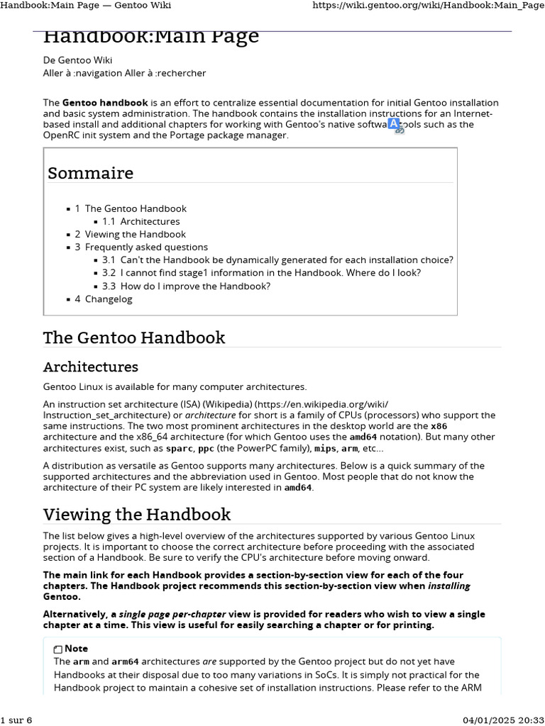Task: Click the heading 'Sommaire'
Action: pyautogui.click(x=90, y=173)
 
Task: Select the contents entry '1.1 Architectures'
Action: pyautogui.click(x=141, y=221)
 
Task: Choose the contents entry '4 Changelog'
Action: pyautogui.click(x=104, y=299)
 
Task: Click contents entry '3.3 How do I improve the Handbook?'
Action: pyautogui.click(x=186, y=286)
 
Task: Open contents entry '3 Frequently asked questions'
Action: pyautogui.click(x=141, y=247)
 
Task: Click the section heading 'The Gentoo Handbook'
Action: pyautogui.click(x=134, y=337)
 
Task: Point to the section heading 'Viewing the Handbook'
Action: pyautogui.click(x=137, y=514)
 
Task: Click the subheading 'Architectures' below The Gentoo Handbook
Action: pyautogui.click(x=91, y=367)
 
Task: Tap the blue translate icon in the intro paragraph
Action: pyautogui.click(x=395, y=125)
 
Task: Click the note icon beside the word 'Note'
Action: pyautogui.click(x=57, y=649)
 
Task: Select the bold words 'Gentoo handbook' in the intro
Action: pyautogui.click(x=105, y=103)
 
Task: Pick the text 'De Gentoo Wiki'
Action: pyautogui.click(x=77, y=60)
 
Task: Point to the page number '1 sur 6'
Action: pyautogui.click(x=16, y=720)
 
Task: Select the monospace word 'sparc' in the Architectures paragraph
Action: pyautogui.click(x=179, y=448)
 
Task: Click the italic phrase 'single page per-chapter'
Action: pyautogui.click(x=172, y=614)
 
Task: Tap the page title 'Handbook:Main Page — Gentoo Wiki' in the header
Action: pyautogui.click(x=86, y=6)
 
